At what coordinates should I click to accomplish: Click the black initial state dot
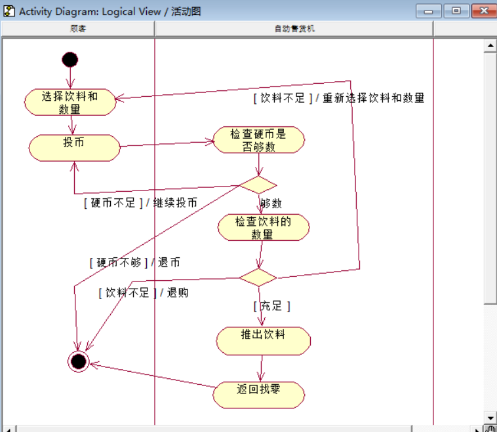(70, 60)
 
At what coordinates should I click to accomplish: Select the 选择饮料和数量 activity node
(70, 102)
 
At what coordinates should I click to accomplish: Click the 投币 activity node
(74, 147)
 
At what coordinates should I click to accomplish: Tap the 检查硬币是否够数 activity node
(258, 140)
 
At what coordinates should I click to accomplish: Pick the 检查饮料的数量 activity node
(263, 227)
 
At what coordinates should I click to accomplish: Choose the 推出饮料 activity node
(263, 340)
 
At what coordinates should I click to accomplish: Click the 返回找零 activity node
(258, 394)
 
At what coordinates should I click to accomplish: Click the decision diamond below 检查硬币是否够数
(258, 185)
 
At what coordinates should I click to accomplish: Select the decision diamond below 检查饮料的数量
(258, 277)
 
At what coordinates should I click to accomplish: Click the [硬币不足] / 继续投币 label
(140, 203)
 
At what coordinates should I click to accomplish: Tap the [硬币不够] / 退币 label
(134, 262)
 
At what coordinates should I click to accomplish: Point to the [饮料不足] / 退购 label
(143, 293)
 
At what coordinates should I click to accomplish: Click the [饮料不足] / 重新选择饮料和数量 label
(339, 98)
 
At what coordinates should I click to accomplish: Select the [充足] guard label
(271, 306)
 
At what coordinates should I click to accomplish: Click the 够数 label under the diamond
(271, 204)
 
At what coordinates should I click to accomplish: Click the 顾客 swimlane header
(78, 29)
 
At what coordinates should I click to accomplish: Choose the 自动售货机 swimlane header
(294, 29)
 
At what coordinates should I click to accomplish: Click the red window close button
(485, 11)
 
